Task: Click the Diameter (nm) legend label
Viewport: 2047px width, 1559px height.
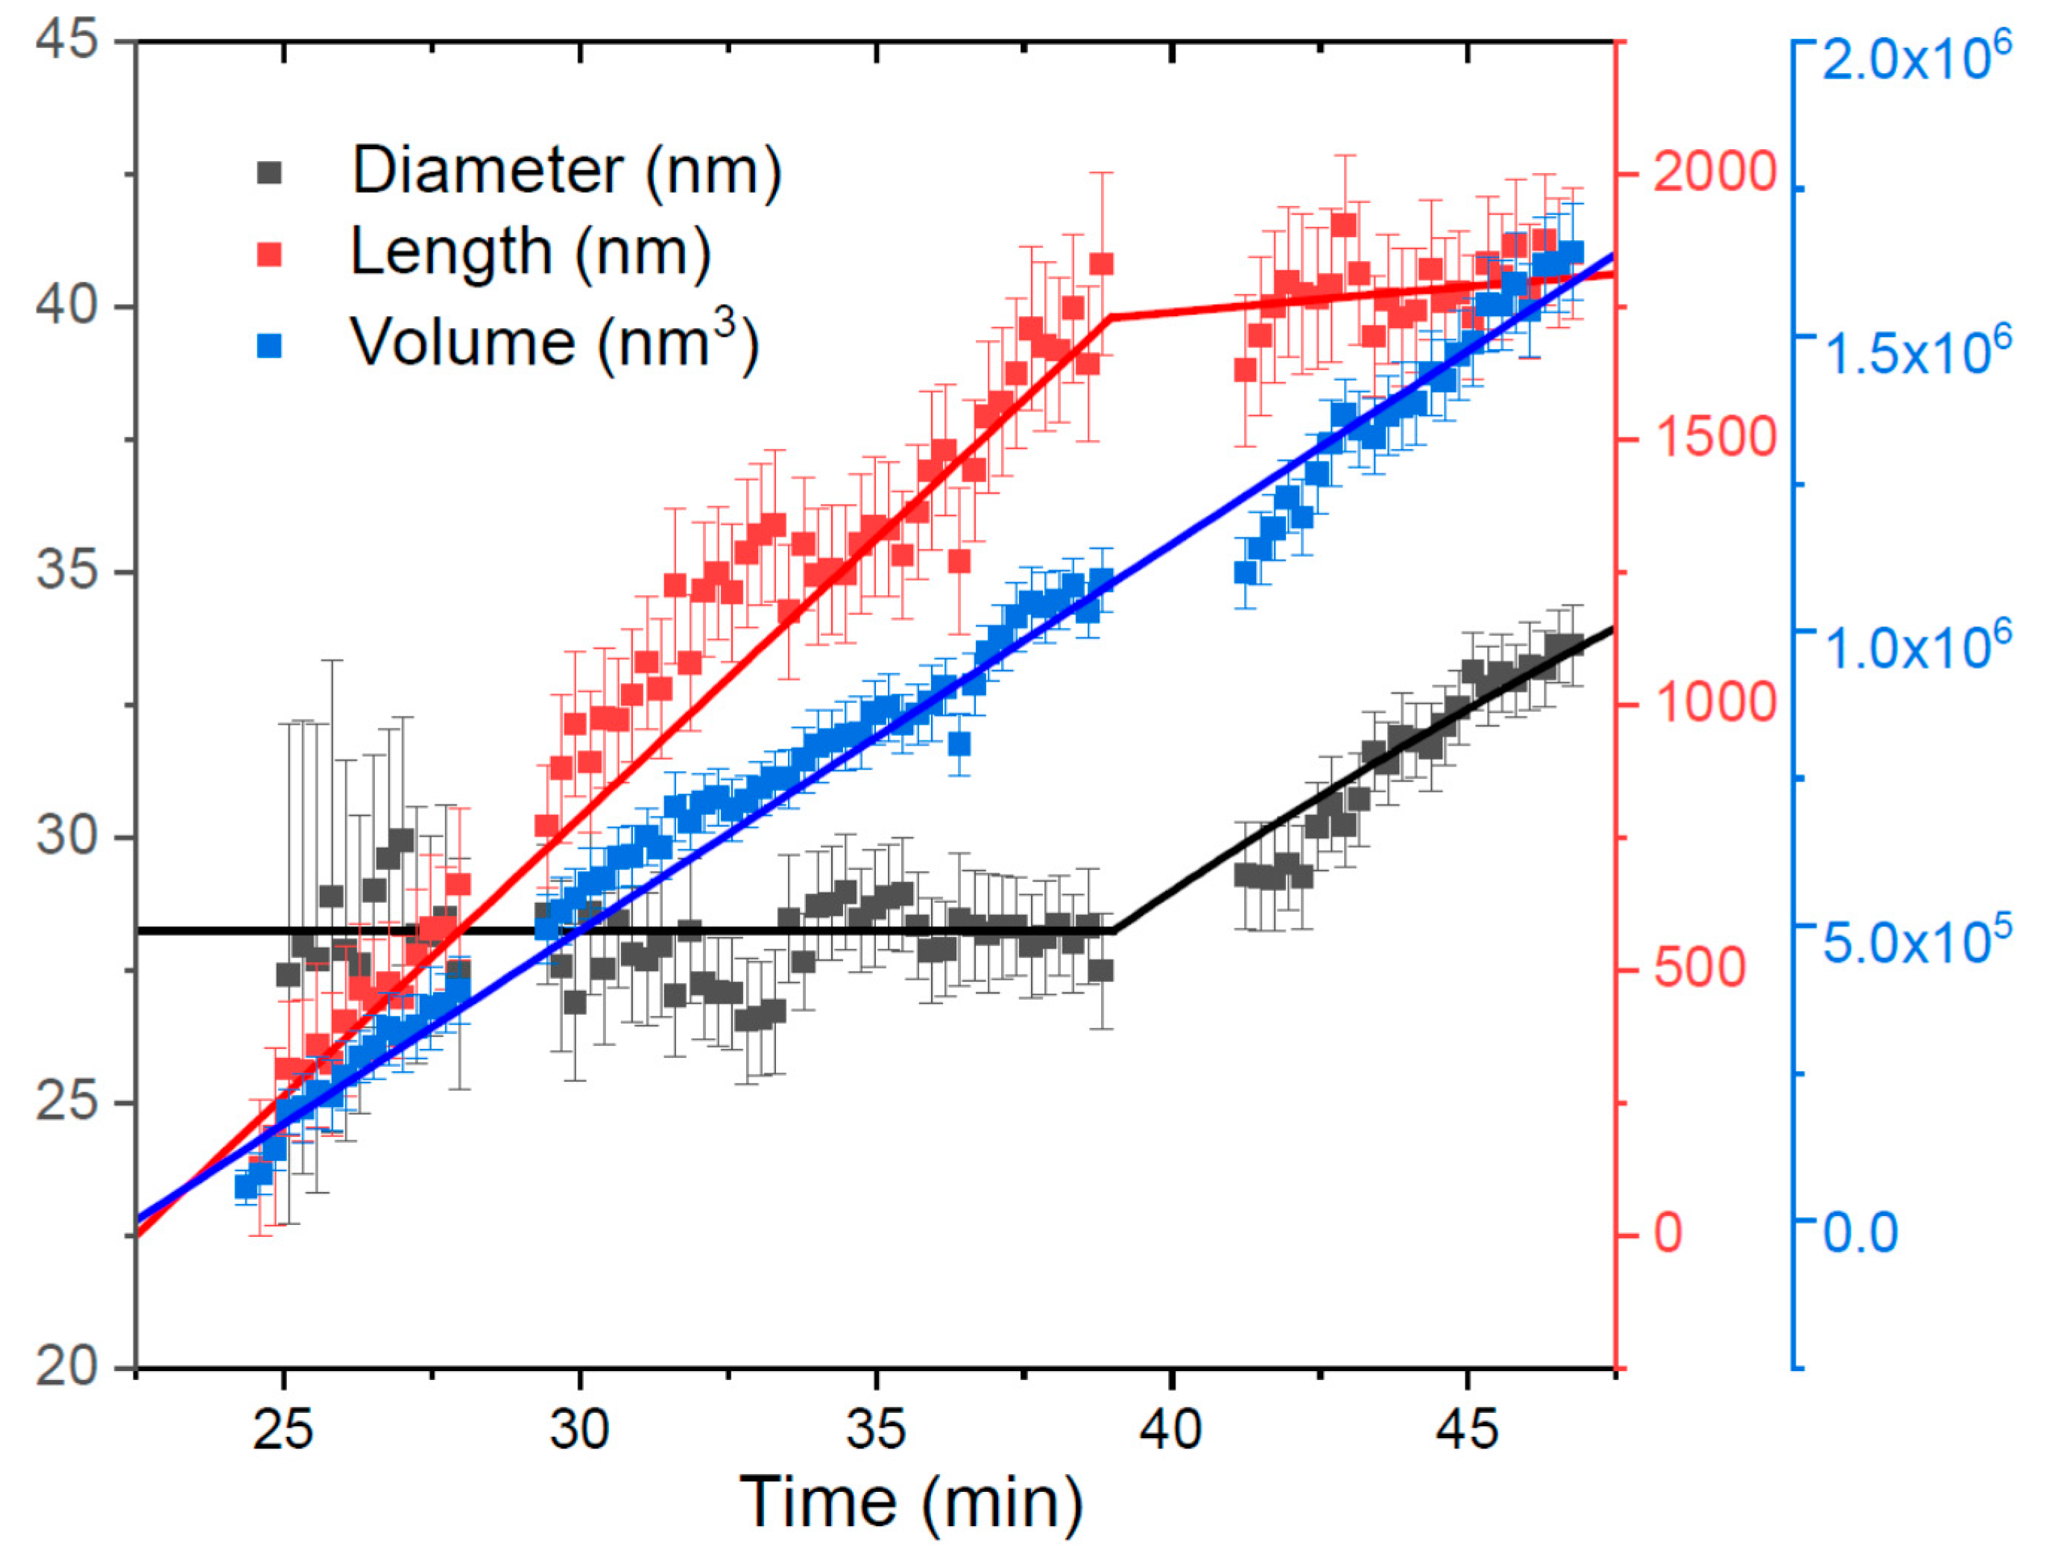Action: tap(566, 171)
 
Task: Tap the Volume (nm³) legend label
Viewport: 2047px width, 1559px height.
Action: tap(554, 344)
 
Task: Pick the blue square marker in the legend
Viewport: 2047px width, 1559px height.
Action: tap(270, 346)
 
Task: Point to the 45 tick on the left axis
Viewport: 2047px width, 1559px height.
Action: tap(67, 41)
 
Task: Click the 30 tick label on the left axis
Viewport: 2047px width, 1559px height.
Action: tap(67, 836)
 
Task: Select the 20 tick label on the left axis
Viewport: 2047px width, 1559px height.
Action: tap(67, 1366)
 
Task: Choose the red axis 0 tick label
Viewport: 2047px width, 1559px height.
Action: tap(1668, 1233)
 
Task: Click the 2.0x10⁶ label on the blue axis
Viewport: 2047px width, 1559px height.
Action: tap(1916, 57)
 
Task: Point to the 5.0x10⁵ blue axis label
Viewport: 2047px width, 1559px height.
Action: tap(1916, 941)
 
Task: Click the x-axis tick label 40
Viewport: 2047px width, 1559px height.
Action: tap(1171, 1429)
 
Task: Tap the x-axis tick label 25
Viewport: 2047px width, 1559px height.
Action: tap(283, 1429)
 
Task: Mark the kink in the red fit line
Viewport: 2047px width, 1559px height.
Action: tap(1111, 318)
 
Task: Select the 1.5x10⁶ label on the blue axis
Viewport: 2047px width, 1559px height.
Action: tap(1916, 353)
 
